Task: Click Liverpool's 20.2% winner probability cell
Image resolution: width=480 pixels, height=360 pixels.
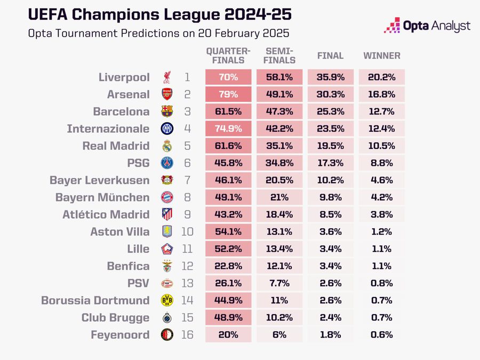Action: (x=381, y=77)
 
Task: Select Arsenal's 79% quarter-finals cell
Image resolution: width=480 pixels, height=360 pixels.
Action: (x=228, y=94)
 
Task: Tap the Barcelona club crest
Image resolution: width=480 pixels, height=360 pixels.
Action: (x=167, y=111)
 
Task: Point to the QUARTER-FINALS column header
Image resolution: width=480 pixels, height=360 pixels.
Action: (x=228, y=55)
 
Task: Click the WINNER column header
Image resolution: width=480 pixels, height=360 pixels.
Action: (x=381, y=55)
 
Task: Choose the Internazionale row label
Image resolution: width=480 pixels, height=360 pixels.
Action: (x=108, y=129)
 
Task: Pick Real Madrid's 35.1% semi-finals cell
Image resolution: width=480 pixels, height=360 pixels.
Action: (x=279, y=146)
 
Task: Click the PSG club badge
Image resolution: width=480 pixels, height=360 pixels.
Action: (x=167, y=163)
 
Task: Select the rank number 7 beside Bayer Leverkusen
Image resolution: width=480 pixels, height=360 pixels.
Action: (x=187, y=180)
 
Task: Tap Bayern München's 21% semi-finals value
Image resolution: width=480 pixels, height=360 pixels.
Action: (x=279, y=197)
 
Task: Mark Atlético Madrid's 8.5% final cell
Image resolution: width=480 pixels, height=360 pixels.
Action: (x=330, y=214)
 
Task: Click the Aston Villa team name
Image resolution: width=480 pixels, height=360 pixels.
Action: (x=120, y=231)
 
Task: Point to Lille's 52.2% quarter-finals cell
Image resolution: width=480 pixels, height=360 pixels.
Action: (x=228, y=249)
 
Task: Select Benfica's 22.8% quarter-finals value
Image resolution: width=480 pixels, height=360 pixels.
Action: (x=228, y=266)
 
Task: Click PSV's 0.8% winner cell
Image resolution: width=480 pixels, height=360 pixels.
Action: (x=381, y=283)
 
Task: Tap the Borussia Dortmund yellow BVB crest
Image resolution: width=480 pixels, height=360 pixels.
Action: (x=167, y=300)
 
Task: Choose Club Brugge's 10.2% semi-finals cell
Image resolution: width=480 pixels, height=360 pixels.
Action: (x=279, y=317)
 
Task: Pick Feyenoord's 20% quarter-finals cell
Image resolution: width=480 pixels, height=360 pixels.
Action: (x=228, y=335)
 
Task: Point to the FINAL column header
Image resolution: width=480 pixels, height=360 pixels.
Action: (x=330, y=55)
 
